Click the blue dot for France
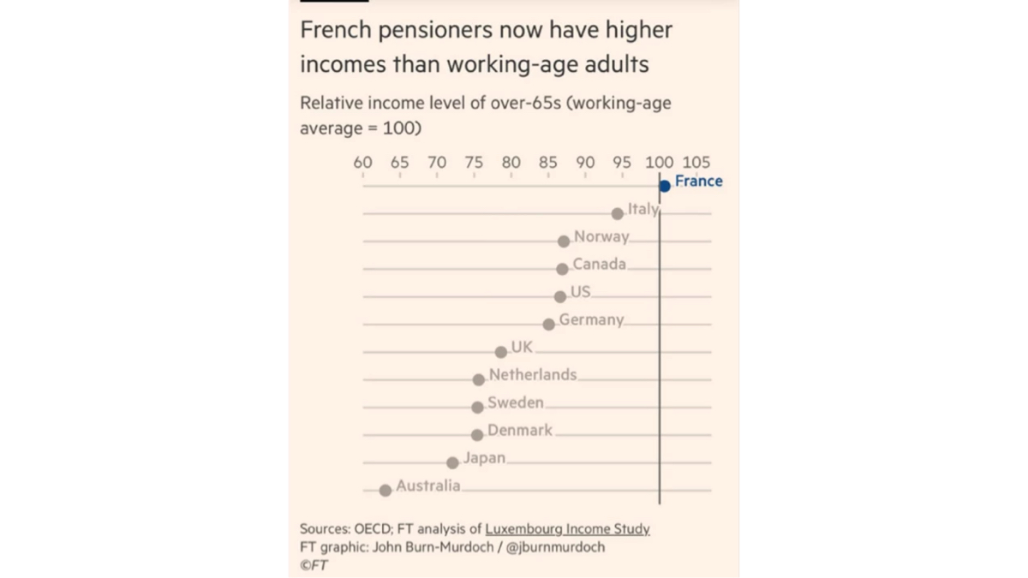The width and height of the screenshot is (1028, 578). (665, 187)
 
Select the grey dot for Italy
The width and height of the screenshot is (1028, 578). (617, 213)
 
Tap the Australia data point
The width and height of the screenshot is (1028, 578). (385, 490)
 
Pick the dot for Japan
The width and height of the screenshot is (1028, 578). (453, 462)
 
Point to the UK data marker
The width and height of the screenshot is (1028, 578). (501, 351)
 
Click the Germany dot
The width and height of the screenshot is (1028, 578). (549, 325)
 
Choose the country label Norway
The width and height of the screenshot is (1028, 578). (601, 236)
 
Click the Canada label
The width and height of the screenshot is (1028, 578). (599, 264)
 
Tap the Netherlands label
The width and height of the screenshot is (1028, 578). (533, 374)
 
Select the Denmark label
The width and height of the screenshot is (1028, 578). (520, 430)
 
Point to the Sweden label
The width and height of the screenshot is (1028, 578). (516, 402)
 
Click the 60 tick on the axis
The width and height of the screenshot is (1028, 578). (362, 163)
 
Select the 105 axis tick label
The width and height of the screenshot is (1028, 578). (696, 163)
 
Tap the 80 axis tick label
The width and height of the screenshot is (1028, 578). (511, 163)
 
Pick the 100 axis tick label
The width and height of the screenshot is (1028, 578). (659, 163)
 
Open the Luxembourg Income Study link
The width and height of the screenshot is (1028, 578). (567, 529)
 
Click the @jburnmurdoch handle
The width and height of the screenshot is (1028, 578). (556, 547)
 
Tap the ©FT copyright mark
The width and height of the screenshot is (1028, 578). (314, 565)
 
